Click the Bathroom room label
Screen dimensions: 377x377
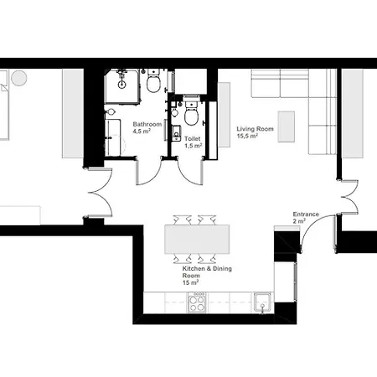coord(147,124)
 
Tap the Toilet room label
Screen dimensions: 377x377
coord(193,138)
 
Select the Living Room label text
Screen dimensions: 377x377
coord(255,129)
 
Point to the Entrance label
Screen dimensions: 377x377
coord(306,214)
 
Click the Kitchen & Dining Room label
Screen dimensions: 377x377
coord(207,272)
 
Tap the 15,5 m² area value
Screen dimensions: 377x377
coord(247,136)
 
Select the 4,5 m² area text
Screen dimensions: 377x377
coord(142,131)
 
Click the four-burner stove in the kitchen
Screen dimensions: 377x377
coord(197,302)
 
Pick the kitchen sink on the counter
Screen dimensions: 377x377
coord(262,302)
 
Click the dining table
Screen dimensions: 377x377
coord(197,239)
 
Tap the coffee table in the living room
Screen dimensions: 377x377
coord(287,127)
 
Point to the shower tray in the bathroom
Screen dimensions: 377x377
coord(122,86)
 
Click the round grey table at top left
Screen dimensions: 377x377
coord(19,78)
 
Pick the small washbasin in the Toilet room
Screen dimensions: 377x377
coord(176,133)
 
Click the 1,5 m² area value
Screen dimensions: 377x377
coord(193,146)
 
